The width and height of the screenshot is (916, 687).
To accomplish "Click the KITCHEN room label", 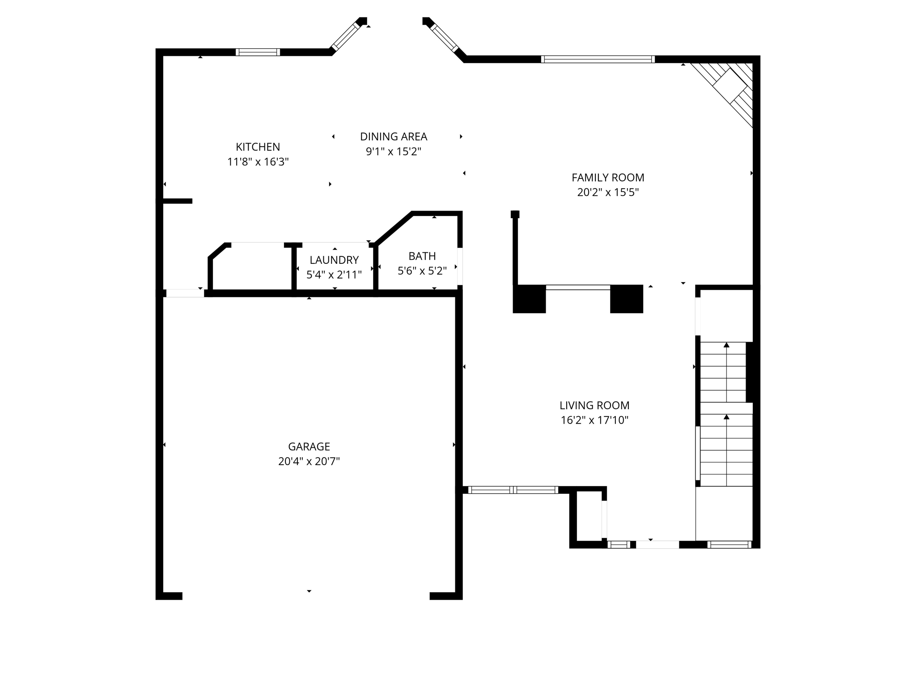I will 258,147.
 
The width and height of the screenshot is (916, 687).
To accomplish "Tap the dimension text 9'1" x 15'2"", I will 393,152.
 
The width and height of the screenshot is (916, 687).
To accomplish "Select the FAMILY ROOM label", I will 607,178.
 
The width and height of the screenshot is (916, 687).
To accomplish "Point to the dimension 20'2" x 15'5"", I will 607,192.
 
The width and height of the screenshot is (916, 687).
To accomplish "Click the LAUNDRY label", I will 334,260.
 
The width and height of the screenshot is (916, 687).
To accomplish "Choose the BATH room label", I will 422,256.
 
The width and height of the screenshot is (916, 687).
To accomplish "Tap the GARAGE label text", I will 309,446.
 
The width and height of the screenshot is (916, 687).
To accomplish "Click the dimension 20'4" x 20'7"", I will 309,461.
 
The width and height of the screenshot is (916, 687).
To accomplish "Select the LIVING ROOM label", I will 594,405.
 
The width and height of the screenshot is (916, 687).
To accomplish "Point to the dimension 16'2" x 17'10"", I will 594,420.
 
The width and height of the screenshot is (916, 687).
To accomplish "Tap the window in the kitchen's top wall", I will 258,52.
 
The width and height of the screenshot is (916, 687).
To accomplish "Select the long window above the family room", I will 598,59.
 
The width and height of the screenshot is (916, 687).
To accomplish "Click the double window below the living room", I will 513,490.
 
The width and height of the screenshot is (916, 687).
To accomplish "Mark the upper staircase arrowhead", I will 726,345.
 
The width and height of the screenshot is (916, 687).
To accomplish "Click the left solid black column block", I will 529,299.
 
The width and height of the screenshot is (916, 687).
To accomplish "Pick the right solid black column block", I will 626,299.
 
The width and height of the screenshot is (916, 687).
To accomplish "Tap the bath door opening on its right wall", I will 460,266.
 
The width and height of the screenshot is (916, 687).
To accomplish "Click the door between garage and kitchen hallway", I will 185,293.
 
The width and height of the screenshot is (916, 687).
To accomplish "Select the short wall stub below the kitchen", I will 178,201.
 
